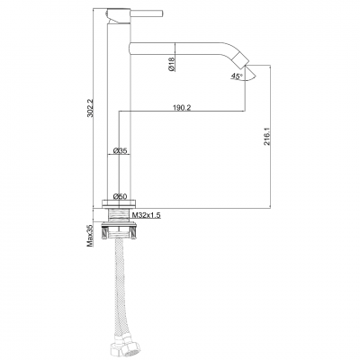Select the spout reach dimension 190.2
[181, 108]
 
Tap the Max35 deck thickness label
[91, 239]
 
